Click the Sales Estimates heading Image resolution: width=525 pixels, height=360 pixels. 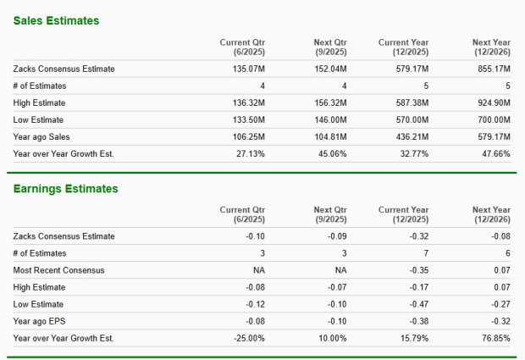55,19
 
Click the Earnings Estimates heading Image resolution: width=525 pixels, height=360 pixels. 64,189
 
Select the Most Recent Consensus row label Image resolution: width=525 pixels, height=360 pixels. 59,270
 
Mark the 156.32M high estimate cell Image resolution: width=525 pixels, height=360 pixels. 330,102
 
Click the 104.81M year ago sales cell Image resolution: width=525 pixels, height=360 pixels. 330,136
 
